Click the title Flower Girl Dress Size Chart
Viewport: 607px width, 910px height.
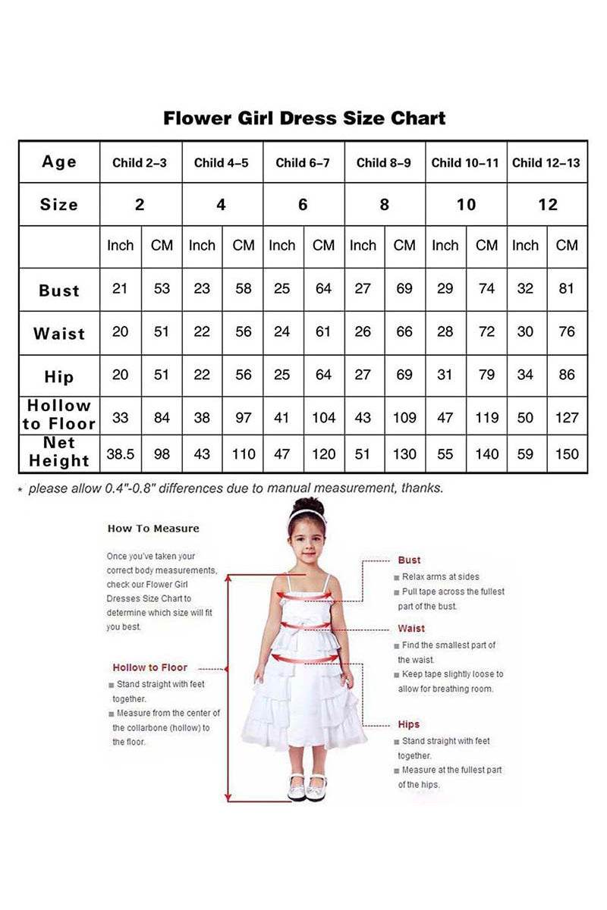pyautogui.click(x=304, y=118)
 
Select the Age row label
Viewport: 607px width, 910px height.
pyautogui.click(x=59, y=162)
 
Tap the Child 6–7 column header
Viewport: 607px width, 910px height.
pyautogui.click(x=303, y=162)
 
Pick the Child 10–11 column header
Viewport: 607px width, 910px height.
pyautogui.click(x=465, y=162)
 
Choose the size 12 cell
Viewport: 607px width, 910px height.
pyautogui.click(x=547, y=205)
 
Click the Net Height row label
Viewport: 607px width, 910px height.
pyautogui.click(x=59, y=452)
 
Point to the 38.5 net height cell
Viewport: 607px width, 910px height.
pyautogui.click(x=120, y=454)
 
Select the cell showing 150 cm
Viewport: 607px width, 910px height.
pyautogui.click(x=567, y=454)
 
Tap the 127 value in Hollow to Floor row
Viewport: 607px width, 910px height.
pyautogui.click(x=567, y=417)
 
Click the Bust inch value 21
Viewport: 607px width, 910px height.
pyautogui.click(x=120, y=289)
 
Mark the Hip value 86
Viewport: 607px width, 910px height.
pyautogui.click(x=567, y=375)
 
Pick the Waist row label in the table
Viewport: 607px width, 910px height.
pyautogui.click(x=59, y=334)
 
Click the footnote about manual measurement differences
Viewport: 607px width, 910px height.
pyautogui.click(x=235, y=488)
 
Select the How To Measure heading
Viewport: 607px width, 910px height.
pyautogui.click(x=153, y=529)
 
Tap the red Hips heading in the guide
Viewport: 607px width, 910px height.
pyautogui.click(x=409, y=724)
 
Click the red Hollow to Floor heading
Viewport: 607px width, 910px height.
pyautogui.click(x=150, y=667)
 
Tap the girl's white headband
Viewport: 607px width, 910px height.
pyautogui.click(x=307, y=513)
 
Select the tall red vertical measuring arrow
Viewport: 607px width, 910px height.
pyautogui.click(x=228, y=686)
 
